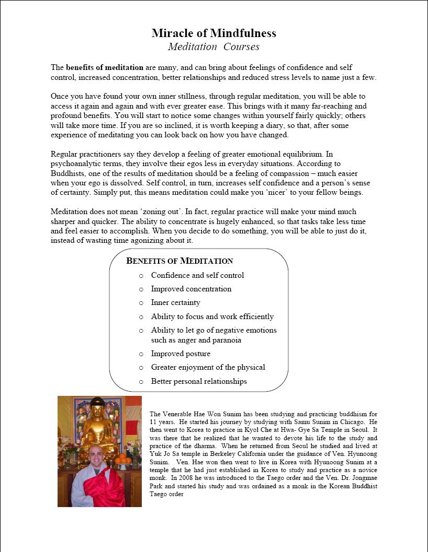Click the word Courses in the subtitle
click(241, 47)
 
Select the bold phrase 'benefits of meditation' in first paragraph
click(105, 67)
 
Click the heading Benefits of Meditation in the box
click(179, 261)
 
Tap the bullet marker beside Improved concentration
click(141, 289)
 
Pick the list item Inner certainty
click(175, 302)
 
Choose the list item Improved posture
click(181, 354)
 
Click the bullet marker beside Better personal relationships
click(141, 382)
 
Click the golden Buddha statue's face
click(98, 411)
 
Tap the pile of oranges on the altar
click(122, 459)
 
